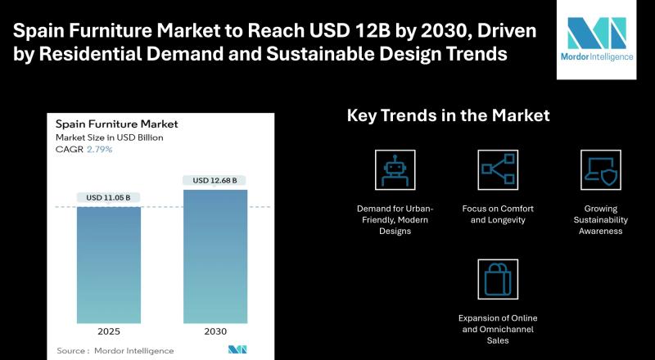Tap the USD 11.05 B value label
pyautogui.click(x=109, y=197)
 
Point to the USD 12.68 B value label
pyautogui.click(x=215, y=180)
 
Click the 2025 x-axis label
pyautogui.click(x=109, y=333)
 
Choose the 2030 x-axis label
pyautogui.click(x=215, y=333)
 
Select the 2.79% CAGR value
pyautogui.click(x=100, y=150)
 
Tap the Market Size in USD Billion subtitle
pyautogui.click(x=109, y=137)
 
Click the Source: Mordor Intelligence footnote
pyautogui.click(x=115, y=350)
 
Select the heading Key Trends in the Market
pyautogui.click(x=448, y=116)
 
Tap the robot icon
pyautogui.click(x=395, y=169)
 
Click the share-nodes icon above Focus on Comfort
pyautogui.click(x=498, y=169)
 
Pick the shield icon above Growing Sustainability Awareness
pyautogui.click(x=600, y=169)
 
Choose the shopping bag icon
pyautogui.click(x=498, y=279)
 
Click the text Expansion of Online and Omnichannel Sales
pyautogui.click(x=498, y=328)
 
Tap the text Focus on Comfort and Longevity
pyautogui.click(x=498, y=214)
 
